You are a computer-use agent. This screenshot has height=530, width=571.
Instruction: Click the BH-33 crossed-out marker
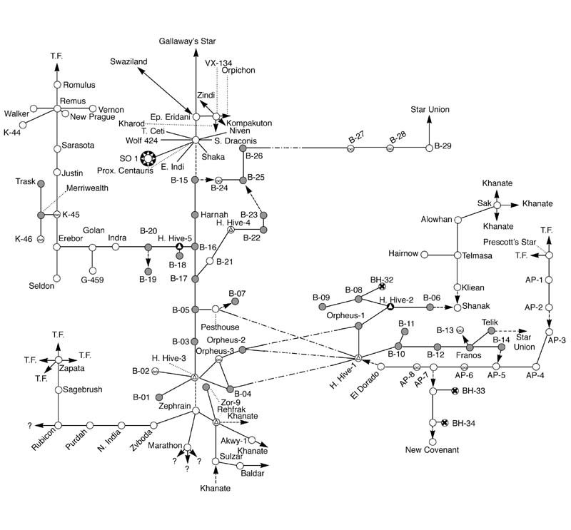pos(455,391)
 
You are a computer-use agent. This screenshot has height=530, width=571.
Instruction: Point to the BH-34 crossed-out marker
pos(445,423)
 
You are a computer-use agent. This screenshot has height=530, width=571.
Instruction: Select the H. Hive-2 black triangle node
pos(390,307)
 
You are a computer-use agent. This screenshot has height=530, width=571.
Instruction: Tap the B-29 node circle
pos(429,148)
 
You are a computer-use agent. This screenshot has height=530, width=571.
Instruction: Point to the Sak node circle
pos(497,205)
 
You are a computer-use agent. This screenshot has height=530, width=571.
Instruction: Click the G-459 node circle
pos(93,270)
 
